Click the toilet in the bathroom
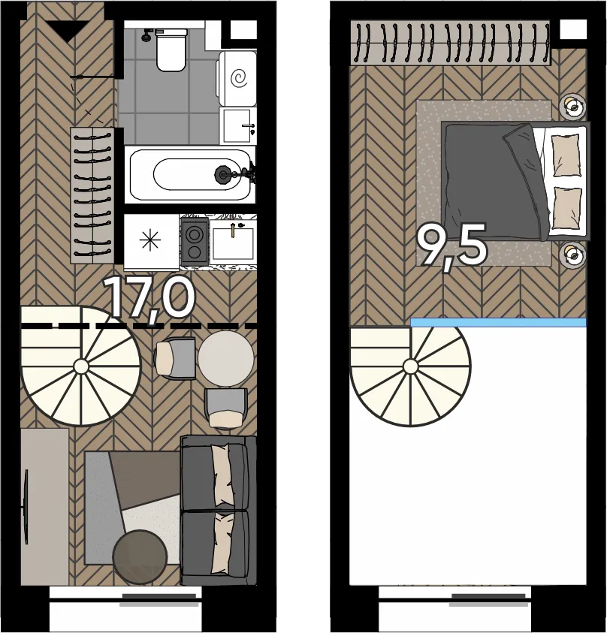tap(171, 50)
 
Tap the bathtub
tap(190, 175)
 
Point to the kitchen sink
tap(233, 243)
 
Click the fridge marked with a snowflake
tap(151, 242)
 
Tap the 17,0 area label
tap(149, 298)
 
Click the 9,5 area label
tap(451, 246)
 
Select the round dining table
tap(226, 359)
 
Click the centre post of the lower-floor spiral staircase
tap(81, 366)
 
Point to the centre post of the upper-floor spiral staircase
tap(411, 367)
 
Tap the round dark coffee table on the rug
tap(140, 556)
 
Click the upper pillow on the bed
tap(566, 155)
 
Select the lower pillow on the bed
tap(566, 208)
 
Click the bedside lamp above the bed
tap(572, 107)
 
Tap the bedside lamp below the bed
tap(572, 255)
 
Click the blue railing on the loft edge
tap(498, 322)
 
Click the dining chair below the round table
tap(226, 408)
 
